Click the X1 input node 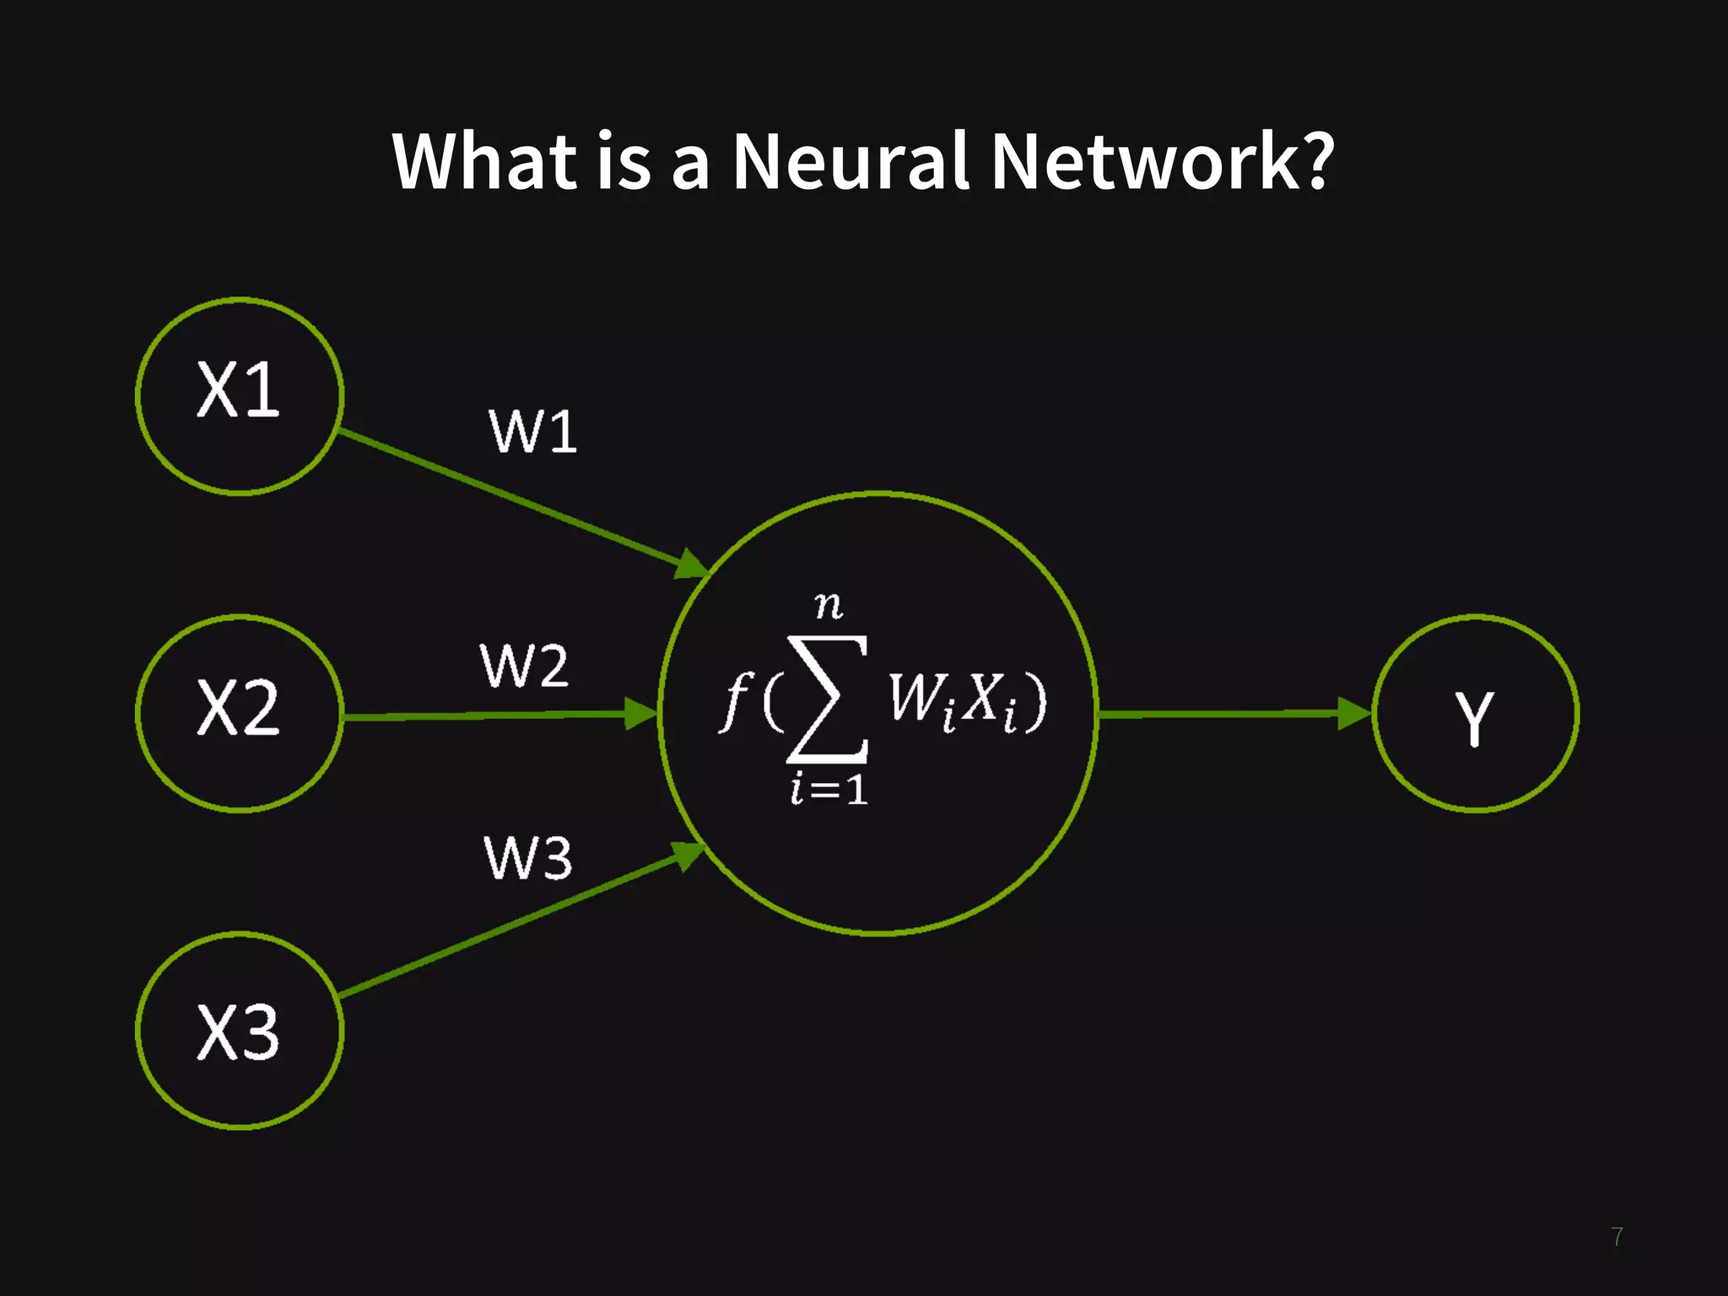[240, 395]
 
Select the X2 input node [240, 713]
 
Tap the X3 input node [240, 1030]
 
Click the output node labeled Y [1475, 714]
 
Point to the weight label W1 [533, 432]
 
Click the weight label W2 [524, 666]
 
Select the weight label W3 [528, 858]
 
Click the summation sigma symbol [828, 699]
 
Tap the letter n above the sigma [829, 605]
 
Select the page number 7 [1617, 1237]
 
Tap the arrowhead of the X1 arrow [692, 564]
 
